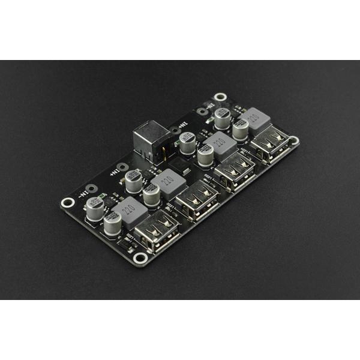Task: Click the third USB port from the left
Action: click(x=235, y=170)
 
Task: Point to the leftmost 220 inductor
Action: click(x=128, y=210)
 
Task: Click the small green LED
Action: click(x=103, y=196)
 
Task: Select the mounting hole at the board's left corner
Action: click(x=68, y=203)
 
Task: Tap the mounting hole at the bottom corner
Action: click(x=140, y=258)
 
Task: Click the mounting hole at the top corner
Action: click(x=220, y=97)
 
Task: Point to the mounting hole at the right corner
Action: click(x=294, y=140)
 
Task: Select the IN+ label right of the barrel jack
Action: click(x=176, y=128)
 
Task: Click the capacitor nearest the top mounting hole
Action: click(x=223, y=117)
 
